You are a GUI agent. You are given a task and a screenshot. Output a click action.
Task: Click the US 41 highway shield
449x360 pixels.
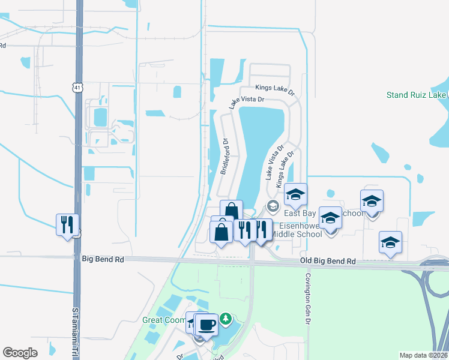coord(78,88)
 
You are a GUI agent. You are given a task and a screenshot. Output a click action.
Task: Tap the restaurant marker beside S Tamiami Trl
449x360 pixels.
coord(67,225)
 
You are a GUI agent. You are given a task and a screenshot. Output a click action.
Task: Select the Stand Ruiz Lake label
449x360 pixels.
coord(416,95)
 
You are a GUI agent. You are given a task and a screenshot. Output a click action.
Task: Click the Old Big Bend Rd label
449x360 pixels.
coord(328,262)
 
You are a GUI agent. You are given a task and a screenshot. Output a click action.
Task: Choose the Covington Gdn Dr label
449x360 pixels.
coord(307,292)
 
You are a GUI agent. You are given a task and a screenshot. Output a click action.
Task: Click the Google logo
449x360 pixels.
coord(20,353)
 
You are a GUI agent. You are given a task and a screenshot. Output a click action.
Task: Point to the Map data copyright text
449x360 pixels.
coord(423,355)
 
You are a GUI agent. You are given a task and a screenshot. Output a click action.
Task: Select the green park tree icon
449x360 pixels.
coord(226,318)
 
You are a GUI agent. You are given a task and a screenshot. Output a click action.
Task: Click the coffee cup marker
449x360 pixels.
coord(206,325)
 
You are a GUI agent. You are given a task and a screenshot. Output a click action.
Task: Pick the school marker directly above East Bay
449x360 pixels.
coord(295,194)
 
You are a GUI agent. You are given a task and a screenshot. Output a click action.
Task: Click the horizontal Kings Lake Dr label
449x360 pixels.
coord(275,89)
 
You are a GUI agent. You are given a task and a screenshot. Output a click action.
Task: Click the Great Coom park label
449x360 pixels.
coord(164,320)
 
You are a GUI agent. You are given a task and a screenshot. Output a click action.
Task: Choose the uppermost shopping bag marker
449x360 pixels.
coord(232,211)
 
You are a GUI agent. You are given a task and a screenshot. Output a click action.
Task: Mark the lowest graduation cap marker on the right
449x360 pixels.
coord(390,242)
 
